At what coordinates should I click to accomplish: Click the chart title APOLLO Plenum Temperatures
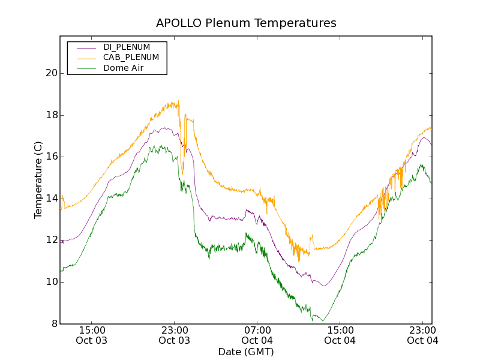coord(246,23)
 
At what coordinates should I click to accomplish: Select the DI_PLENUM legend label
coord(127,47)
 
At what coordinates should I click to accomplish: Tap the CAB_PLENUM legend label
coord(131,58)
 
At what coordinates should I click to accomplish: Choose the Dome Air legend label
coord(124,68)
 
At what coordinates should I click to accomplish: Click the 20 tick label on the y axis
coord(51,73)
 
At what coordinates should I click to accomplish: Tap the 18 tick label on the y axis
coord(51,115)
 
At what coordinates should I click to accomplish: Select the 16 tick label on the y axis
coord(51,157)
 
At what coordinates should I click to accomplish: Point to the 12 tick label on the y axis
coord(51,240)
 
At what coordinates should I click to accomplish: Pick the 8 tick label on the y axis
coord(54,324)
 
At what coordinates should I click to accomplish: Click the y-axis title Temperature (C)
coord(38,180)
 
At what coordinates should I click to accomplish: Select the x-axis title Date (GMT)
coord(246,352)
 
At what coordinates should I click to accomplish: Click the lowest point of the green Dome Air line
coord(323,321)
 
